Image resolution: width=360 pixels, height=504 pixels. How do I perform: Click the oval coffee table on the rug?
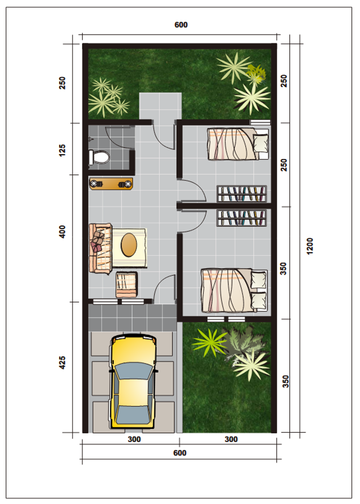pyautogui.click(x=129, y=245)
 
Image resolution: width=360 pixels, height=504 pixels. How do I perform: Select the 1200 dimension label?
pyautogui.click(x=310, y=246)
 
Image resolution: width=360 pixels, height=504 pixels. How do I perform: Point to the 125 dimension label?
pyautogui.click(x=62, y=150)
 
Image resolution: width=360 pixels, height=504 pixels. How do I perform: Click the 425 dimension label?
pyautogui.click(x=62, y=362)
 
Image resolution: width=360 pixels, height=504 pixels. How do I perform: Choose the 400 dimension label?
pyautogui.click(x=62, y=232)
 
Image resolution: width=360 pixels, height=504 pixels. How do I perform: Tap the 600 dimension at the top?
pyautogui.click(x=181, y=25)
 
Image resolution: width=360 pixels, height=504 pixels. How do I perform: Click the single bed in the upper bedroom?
pyautogui.click(x=238, y=144)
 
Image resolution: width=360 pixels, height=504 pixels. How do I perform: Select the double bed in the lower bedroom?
pyautogui.click(x=234, y=290)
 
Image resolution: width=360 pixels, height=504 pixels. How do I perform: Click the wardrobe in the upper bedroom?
pyautogui.click(x=242, y=194)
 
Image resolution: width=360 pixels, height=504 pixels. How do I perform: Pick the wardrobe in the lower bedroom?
pyautogui.click(x=242, y=218)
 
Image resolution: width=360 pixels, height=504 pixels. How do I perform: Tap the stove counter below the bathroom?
pyautogui.click(x=111, y=184)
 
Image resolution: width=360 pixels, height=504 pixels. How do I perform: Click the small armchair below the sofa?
pyautogui.click(x=127, y=285)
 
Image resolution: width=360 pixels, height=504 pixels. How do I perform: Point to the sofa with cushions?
pyautogui.click(x=100, y=248)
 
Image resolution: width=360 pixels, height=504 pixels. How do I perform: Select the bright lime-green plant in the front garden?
pyautogui.click(x=210, y=342)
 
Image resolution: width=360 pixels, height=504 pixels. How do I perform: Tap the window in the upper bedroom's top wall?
pyautogui.click(x=260, y=122)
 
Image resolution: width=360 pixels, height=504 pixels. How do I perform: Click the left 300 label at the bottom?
pyautogui.click(x=134, y=439)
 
